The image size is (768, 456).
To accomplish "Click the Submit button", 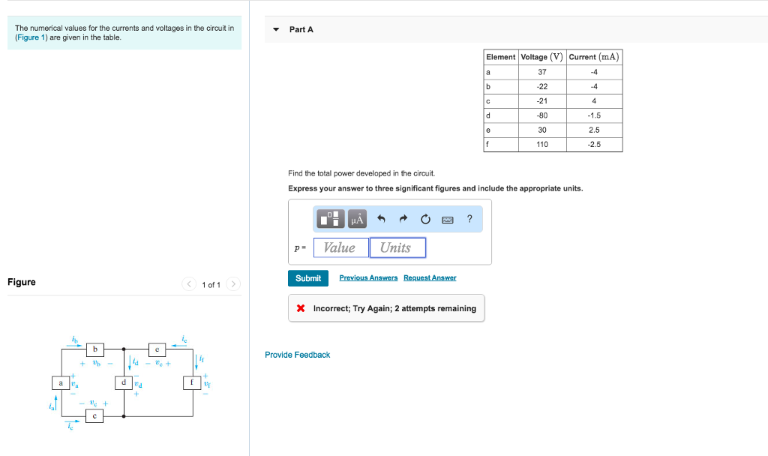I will click(307, 278).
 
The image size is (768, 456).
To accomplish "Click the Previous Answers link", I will click(367, 278).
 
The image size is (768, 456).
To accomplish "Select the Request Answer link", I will click(430, 278).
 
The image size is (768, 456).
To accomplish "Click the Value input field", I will click(340, 247).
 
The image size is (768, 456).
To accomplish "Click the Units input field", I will click(397, 247).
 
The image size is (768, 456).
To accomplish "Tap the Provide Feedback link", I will click(297, 355).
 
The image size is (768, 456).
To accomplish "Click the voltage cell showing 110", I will click(542, 144).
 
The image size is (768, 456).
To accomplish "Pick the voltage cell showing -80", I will click(542, 115).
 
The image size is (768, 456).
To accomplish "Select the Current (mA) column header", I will click(594, 57).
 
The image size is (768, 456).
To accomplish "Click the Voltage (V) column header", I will click(542, 57).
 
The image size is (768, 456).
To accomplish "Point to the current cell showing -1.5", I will click(594, 115).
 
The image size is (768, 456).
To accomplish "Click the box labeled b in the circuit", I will click(94, 349).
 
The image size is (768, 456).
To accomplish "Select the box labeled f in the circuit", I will click(193, 382).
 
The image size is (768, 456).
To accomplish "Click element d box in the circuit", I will click(124, 382).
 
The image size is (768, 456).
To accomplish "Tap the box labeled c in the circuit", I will click(94, 415).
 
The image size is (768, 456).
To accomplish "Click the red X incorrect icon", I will click(301, 308).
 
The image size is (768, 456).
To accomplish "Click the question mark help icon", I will click(469, 219).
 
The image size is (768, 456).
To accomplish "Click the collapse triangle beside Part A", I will click(276, 30).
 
